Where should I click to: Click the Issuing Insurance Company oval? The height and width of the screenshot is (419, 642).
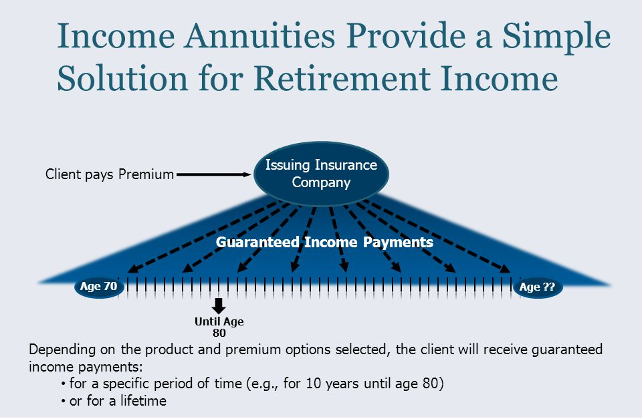point(321,174)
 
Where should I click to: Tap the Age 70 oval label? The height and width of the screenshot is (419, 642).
point(99,287)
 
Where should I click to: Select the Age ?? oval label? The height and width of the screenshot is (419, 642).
point(538,287)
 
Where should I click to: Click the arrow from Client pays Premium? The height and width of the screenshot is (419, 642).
point(214,174)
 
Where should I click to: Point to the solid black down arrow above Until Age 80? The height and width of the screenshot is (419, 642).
point(219,306)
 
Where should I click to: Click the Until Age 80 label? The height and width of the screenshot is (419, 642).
point(219,327)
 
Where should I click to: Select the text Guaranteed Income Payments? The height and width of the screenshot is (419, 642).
point(324,242)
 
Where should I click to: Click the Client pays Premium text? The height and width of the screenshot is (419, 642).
point(110,174)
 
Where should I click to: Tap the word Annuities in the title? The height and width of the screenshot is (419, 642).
point(259,36)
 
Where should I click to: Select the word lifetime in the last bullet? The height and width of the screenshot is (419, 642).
point(143,400)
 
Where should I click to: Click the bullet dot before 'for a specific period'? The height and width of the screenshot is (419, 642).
point(63,384)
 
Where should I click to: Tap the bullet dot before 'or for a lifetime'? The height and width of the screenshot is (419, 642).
point(63,402)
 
